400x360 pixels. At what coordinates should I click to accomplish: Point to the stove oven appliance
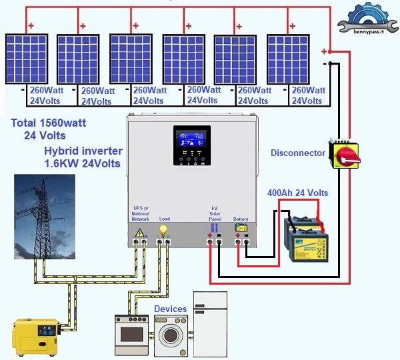click(x=132, y=333)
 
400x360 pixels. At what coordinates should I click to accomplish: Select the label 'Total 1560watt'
click(x=49, y=123)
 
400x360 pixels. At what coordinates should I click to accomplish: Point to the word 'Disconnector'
click(x=298, y=153)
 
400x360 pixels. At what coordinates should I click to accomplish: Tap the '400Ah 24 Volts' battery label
click(x=297, y=193)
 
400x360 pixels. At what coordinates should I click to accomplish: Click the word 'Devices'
click(x=170, y=309)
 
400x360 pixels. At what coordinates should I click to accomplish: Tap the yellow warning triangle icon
click(x=140, y=233)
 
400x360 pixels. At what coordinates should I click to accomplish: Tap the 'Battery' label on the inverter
click(x=241, y=219)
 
